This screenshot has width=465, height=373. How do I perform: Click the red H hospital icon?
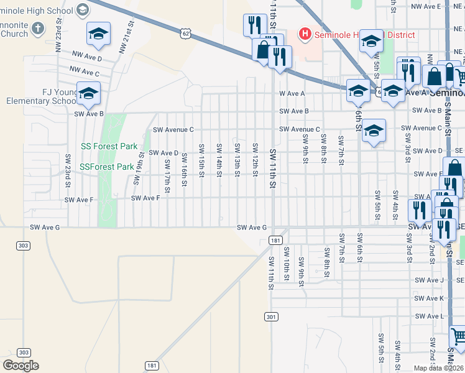pos(305,34)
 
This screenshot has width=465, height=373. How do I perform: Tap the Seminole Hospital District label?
pos(364,35)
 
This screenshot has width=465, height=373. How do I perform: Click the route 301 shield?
pos(270,316)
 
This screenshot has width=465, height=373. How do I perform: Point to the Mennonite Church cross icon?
pos(38,27)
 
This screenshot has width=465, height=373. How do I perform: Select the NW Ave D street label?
pos(86,58)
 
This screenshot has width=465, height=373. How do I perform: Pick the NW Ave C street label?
pos(85,72)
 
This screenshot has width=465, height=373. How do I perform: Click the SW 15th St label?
pos(201,160)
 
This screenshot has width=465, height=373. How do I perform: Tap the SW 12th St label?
pos(255,159)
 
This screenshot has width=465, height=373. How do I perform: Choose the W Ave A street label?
pos(292,93)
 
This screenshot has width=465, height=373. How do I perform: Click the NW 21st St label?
pos(127,37)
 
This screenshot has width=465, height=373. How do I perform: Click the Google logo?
pos(21,366)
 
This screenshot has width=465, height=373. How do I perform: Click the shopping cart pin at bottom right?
pos(458,338)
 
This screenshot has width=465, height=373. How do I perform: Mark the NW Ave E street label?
pos(426,6)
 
